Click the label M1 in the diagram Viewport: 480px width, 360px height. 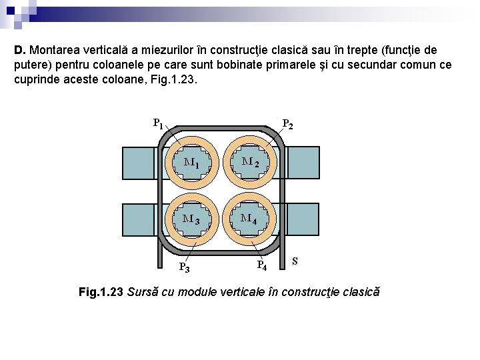coord(191,162)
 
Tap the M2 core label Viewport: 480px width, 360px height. coord(250,162)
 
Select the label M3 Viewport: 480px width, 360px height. coord(191,218)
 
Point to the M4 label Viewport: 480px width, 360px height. coord(250,218)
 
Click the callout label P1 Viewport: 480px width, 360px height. coord(158,123)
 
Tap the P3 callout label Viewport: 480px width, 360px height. coord(185,268)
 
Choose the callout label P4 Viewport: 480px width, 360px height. coord(262,266)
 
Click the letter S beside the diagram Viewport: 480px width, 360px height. coord(295,261)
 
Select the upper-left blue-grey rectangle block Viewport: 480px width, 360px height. coord(139,163)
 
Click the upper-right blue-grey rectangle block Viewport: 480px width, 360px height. coord(303,163)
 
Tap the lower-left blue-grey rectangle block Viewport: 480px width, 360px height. coord(139,219)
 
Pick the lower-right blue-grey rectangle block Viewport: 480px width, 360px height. coord(303,219)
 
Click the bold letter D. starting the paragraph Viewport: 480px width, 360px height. coord(20,50)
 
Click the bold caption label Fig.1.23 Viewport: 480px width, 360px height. coord(101,292)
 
